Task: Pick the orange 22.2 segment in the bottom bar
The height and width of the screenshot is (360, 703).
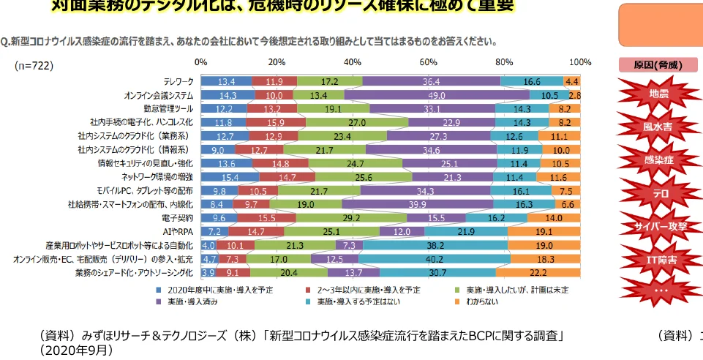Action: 538,273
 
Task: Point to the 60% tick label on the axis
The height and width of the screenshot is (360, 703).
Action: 429,61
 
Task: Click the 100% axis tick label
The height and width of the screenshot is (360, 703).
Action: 580,61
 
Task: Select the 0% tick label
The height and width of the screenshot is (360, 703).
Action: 201,61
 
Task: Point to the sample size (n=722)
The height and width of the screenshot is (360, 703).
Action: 34,65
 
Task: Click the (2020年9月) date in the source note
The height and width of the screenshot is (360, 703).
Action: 77,350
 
